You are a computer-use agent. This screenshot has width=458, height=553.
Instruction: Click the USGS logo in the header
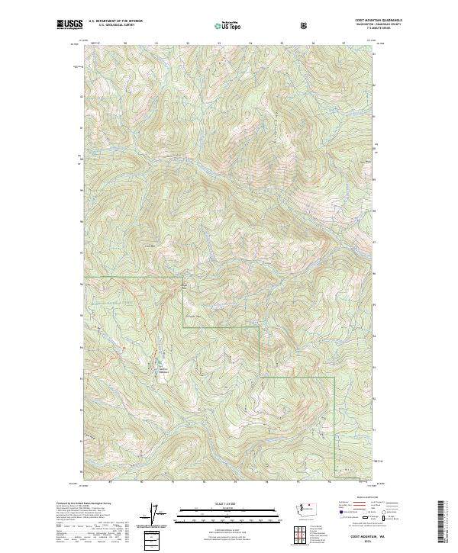[69, 25]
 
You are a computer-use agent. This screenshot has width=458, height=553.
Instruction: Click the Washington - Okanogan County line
[360, 26]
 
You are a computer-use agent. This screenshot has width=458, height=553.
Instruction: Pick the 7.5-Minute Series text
[360, 30]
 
